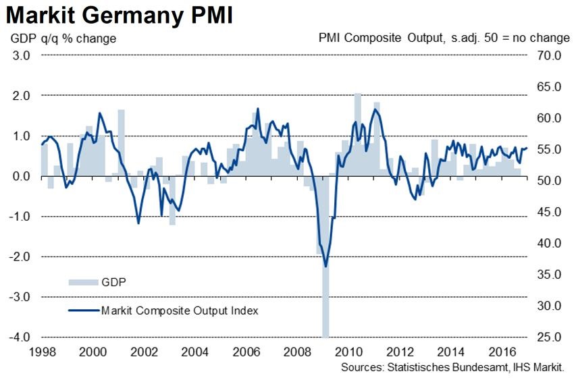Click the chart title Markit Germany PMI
(119, 14)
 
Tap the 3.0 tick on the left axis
(21, 55)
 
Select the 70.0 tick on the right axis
(548, 55)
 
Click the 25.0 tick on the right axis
(548, 336)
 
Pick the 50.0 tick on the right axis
(548, 180)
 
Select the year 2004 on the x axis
(193, 352)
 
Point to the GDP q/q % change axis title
(63, 38)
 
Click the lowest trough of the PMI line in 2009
(325, 266)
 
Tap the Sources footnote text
(452, 368)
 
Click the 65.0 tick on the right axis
(548, 86)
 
